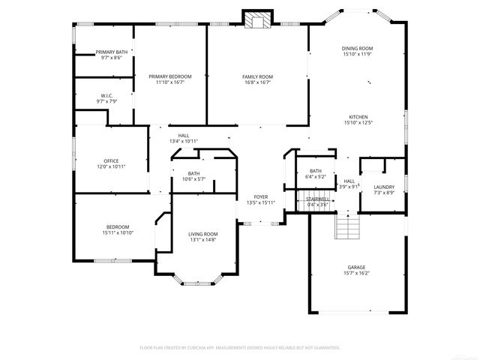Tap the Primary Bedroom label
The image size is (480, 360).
[x=169, y=76]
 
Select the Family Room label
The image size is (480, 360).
[x=256, y=76]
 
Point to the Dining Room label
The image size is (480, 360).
[x=357, y=49]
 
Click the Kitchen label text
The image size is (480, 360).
[x=357, y=117]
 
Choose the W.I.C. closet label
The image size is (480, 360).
[x=106, y=95]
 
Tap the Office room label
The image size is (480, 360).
[x=111, y=160]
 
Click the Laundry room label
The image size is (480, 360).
[x=383, y=187]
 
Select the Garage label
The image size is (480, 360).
[x=356, y=266]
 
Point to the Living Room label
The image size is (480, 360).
[x=202, y=234]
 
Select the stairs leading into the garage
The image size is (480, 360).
[x=346, y=226]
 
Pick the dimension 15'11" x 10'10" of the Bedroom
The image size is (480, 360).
[x=117, y=233]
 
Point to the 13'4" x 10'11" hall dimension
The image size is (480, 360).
[x=183, y=141]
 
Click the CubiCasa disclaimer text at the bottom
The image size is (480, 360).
[x=240, y=348]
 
